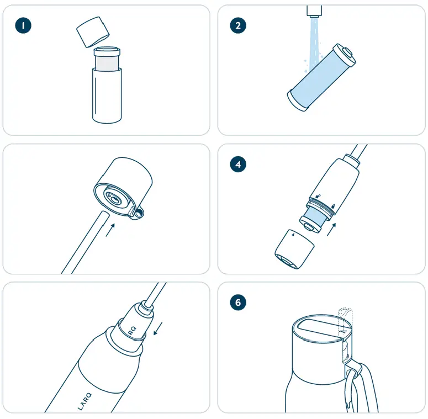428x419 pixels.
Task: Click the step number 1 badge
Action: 23,25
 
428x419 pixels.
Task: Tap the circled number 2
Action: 238,25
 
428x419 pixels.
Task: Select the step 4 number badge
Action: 238,164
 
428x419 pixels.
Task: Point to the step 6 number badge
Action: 238,303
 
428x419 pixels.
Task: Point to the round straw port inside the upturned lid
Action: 115,199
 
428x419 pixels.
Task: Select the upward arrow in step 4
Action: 331,229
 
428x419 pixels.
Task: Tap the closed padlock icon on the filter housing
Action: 318,197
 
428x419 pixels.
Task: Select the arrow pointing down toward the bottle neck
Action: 159,329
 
